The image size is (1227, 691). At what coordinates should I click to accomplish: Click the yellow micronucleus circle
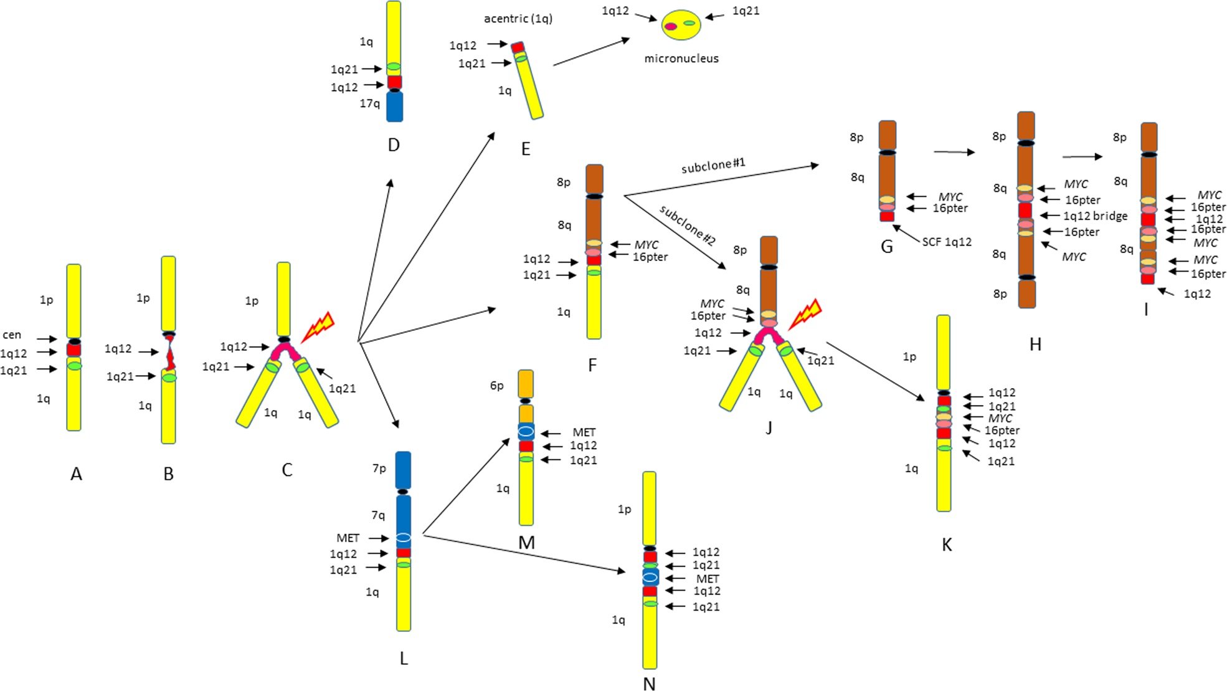tap(681, 25)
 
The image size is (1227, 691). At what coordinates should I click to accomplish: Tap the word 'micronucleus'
tap(681, 59)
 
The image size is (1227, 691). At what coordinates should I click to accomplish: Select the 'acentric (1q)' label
tap(518, 19)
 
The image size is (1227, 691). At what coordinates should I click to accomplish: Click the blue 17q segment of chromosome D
tap(394, 107)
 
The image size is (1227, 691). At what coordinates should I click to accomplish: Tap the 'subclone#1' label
tap(713, 166)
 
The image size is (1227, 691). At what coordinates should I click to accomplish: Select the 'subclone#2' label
tap(688, 225)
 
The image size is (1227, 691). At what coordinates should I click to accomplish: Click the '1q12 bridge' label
tap(1095, 216)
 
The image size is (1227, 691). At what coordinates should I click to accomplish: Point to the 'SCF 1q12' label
tap(946, 242)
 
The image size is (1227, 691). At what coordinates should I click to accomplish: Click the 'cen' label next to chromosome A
tap(12, 335)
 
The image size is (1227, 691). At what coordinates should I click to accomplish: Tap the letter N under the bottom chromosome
tap(649, 684)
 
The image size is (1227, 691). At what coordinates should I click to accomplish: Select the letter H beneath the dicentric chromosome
tap(1035, 345)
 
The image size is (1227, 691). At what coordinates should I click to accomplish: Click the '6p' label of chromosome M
tap(496, 386)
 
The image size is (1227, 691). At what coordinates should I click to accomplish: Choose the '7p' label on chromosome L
tap(379, 468)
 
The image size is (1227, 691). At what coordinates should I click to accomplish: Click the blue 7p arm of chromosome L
tap(403, 470)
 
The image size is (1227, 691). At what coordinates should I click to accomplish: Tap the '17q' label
tap(369, 103)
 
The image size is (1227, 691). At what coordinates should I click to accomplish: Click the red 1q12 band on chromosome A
tap(74, 350)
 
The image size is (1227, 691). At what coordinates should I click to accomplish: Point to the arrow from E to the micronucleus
tap(591, 52)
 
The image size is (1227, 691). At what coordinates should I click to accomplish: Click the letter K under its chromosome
tap(947, 545)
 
